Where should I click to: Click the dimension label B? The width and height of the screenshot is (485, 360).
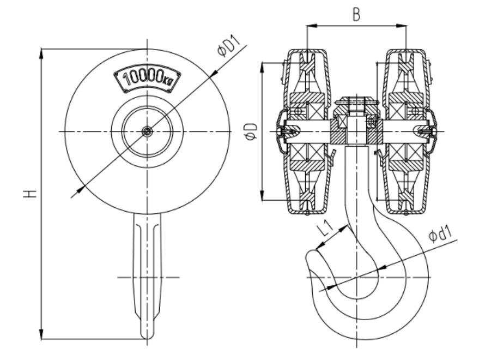pos(356,15)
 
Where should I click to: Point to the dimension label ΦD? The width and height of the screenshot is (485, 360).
pos(252,131)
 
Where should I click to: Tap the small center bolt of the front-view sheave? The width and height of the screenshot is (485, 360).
pos(147,131)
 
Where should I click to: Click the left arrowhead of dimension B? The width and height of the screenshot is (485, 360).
pos(310,25)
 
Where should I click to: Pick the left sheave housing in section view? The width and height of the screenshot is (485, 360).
pos(307,131)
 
